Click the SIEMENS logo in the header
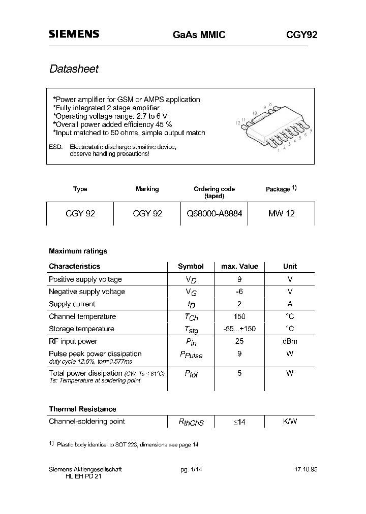(x=74, y=34)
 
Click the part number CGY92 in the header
(x=301, y=35)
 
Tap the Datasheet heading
(x=74, y=69)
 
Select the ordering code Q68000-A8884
(x=214, y=214)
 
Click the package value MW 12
(x=281, y=214)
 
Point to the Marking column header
(x=147, y=189)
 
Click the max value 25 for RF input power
(x=239, y=341)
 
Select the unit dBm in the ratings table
(x=290, y=341)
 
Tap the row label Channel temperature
(x=82, y=316)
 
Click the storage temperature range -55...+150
(x=239, y=329)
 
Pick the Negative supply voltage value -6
(x=239, y=292)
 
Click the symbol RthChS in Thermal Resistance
(x=191, y=422)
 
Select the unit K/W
(x=290, y=421)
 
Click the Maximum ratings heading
(x=78, y=251)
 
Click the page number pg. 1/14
(x=192, y=470)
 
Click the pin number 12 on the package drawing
(x=237, y=123)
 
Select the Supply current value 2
(x=239, y=304)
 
